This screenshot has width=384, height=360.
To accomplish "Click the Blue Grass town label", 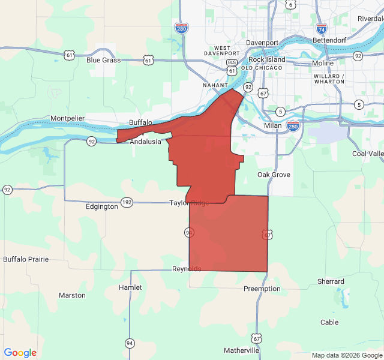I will tap(103, 60).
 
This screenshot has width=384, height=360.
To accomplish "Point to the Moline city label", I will tap(323, 63).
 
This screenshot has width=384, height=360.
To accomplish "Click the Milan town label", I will tap(272, 126).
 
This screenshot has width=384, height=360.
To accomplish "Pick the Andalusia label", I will tap(146, 142).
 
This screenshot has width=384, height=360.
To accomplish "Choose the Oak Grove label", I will tap(274, 175).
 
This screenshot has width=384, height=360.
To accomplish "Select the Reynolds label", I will tap(187, 268).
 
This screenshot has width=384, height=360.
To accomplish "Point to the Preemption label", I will tap(262, 289).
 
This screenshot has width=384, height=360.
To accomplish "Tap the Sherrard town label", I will tap(331, 281).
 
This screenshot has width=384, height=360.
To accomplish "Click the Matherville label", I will tap(242, 350).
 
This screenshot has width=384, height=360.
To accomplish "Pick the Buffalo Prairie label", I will tap(26, 259).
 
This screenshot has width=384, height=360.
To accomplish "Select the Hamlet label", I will tap(130, 287).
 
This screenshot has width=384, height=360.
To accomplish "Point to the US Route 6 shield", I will tap(290, 5).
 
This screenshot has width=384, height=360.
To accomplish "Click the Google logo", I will tap(20, 353).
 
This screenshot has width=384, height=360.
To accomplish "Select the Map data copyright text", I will tap(346, 355).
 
